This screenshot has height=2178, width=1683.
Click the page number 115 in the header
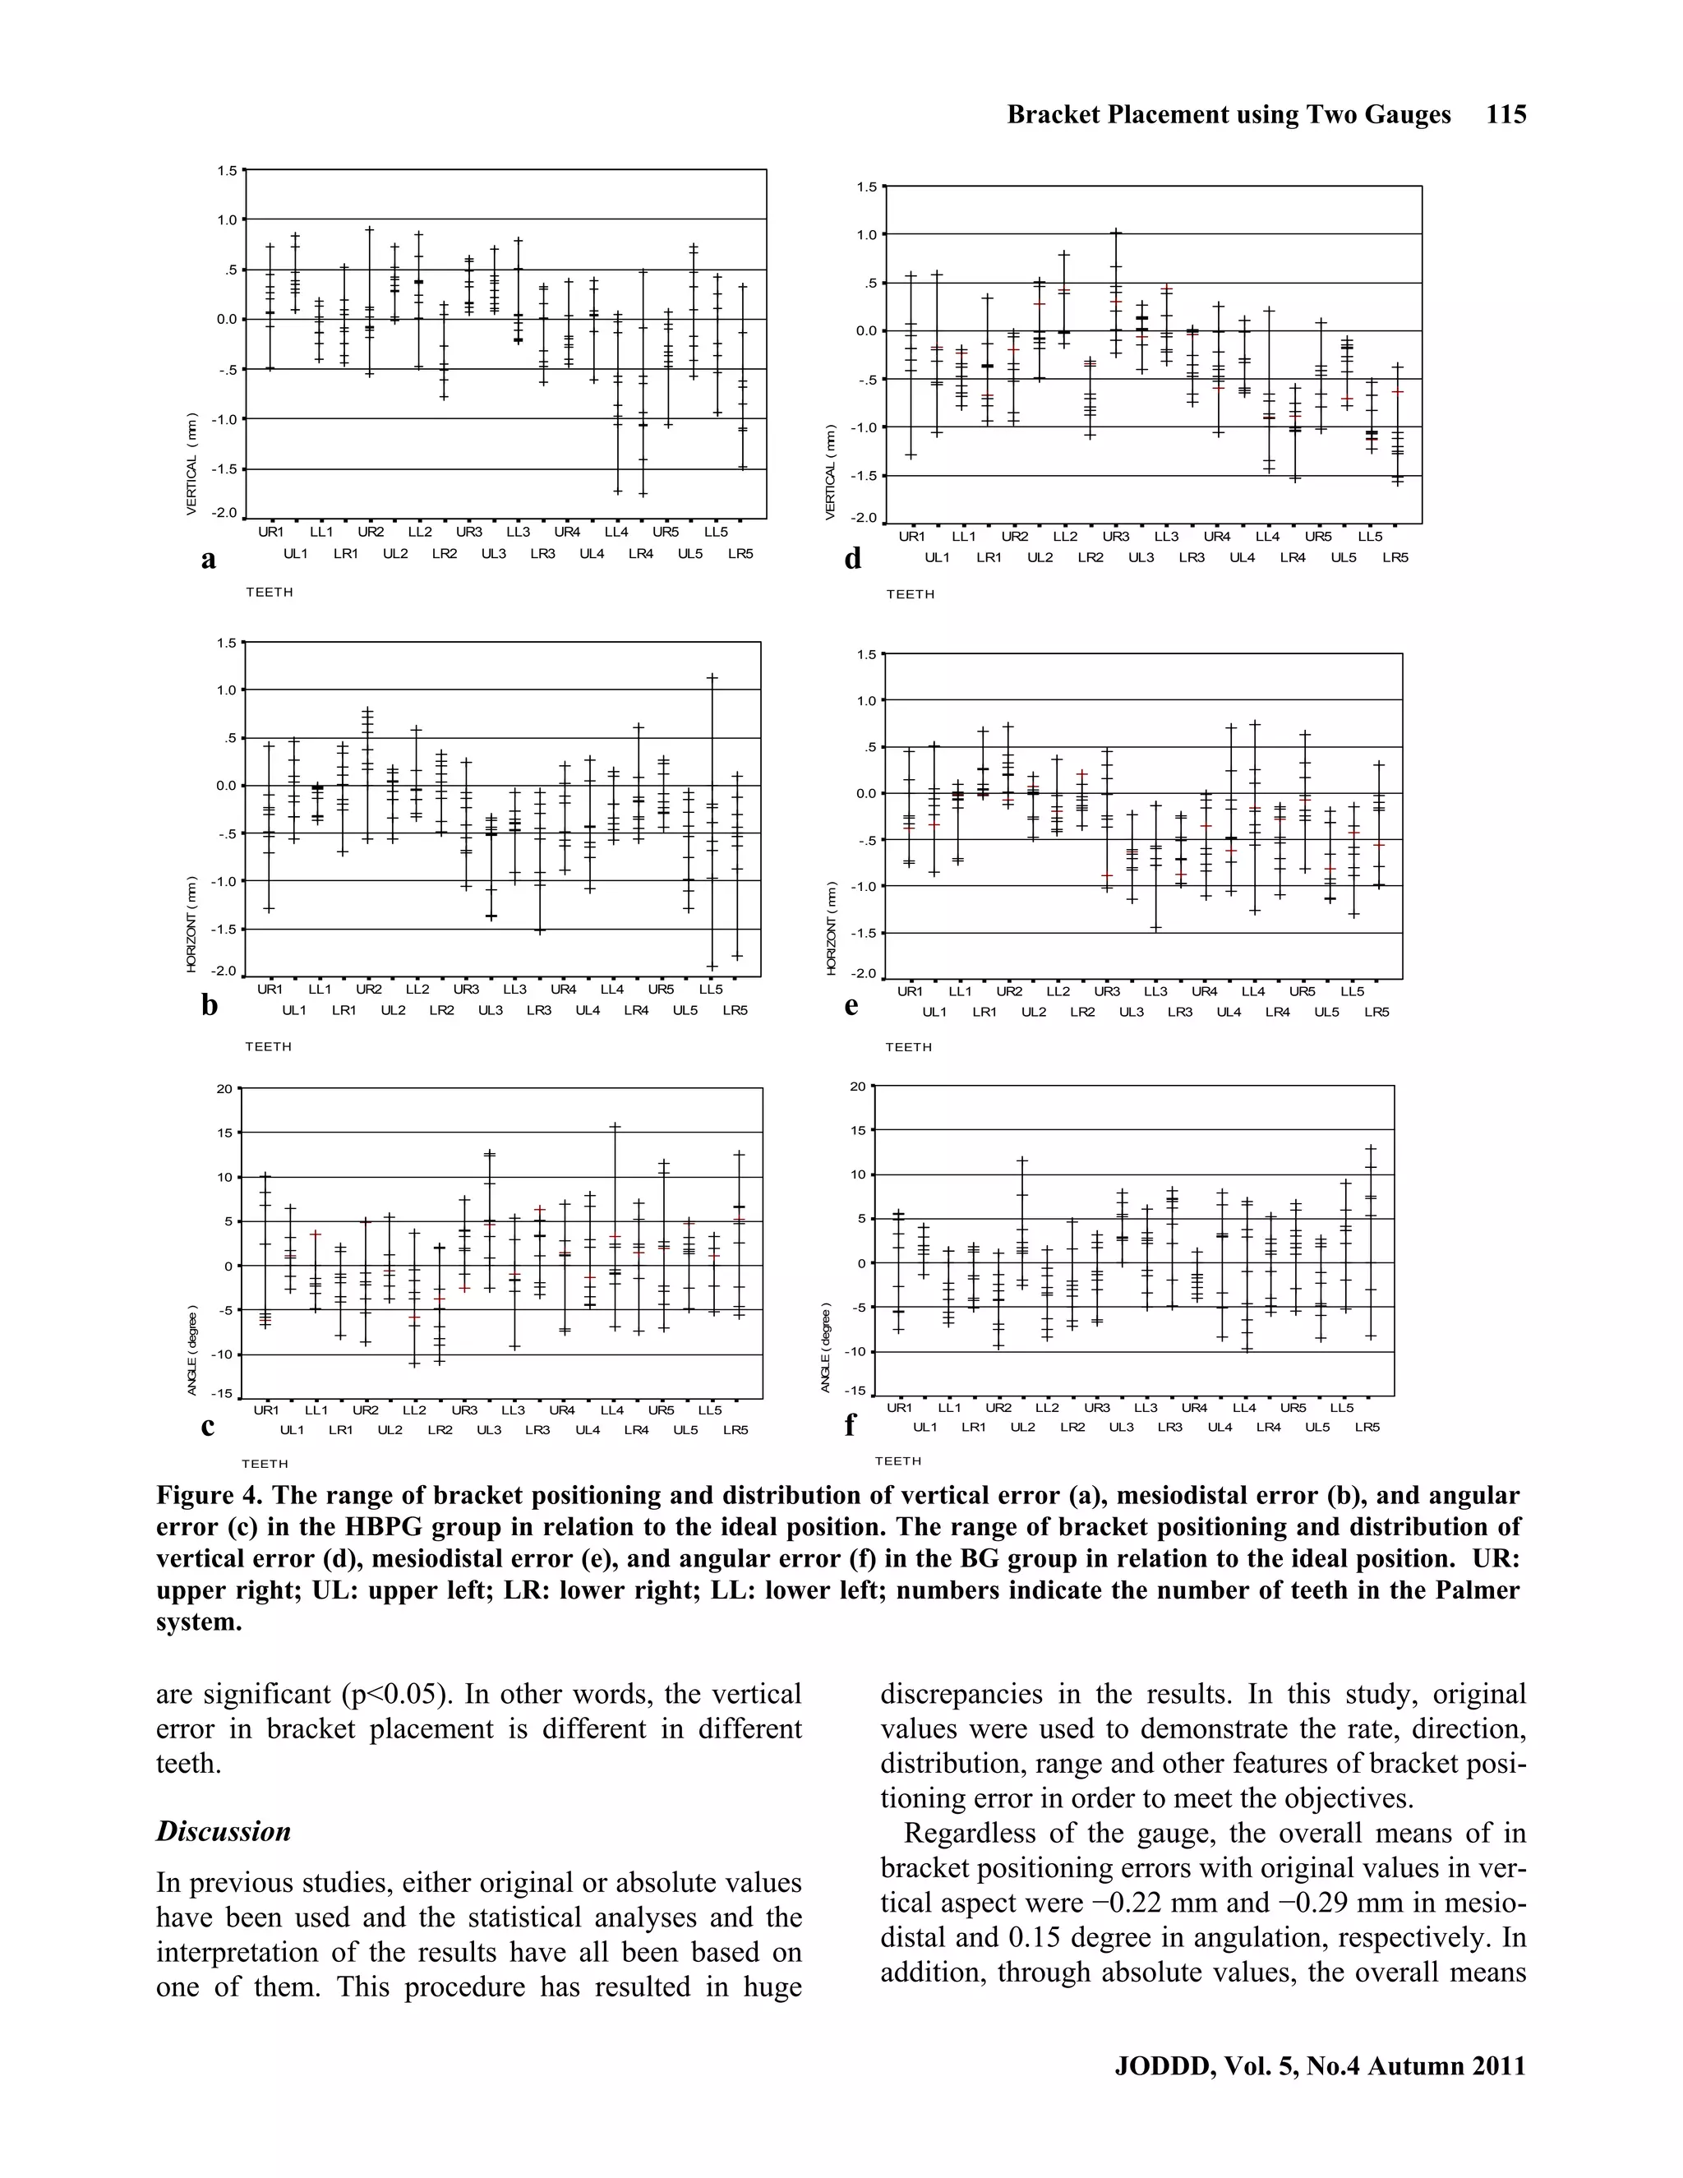(1505, 115)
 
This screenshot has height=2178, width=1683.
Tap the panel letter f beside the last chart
(850, 1426)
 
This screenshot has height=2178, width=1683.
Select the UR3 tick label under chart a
(468, 533)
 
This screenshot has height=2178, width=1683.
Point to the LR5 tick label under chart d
(1395, 557)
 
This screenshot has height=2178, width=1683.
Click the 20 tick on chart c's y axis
(225, 1088)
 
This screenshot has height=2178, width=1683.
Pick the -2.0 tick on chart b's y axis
(225, 971)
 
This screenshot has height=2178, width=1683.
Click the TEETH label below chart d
(910, 594)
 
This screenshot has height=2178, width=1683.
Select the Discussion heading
(224, 1832)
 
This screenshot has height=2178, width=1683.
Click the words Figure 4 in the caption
(205, 1496)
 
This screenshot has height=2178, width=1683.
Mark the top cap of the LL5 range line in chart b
(712, 678)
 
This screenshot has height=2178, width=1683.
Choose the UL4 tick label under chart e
(1229, 1013)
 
